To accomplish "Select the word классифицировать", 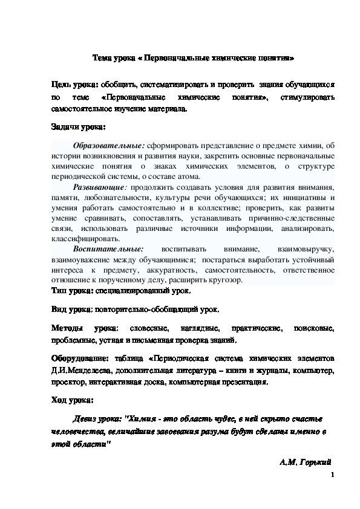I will pyautogui.click(x=80, y=239).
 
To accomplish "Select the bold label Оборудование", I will pyautogui.click(x=79, y=357).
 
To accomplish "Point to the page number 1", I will pyautogui.click(x=333, y=476).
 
